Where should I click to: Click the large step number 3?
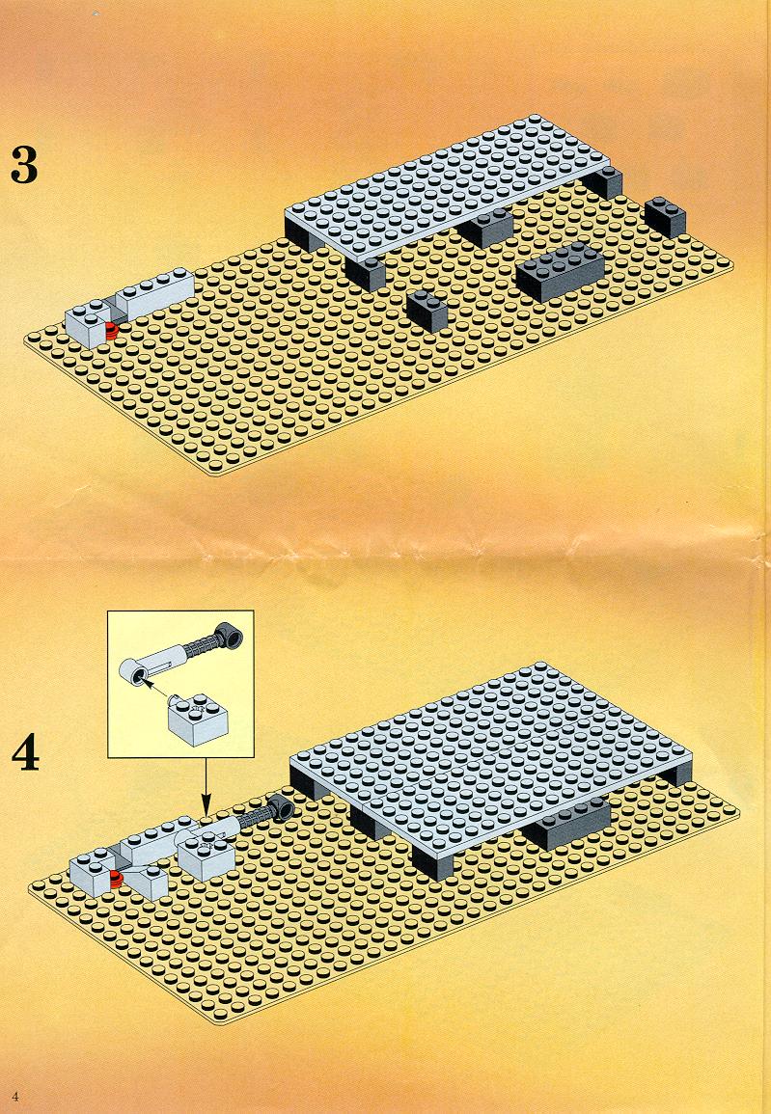24,165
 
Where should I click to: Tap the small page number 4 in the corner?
14,1095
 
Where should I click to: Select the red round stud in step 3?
111,329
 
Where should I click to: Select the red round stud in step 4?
115,881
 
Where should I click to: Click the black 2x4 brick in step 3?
561,271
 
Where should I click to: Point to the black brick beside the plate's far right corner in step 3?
666,217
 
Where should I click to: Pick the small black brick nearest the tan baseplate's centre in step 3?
427,312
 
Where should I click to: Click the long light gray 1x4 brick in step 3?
155,293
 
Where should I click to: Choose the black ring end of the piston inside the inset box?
230,635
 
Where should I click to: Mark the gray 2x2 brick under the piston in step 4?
206,857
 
